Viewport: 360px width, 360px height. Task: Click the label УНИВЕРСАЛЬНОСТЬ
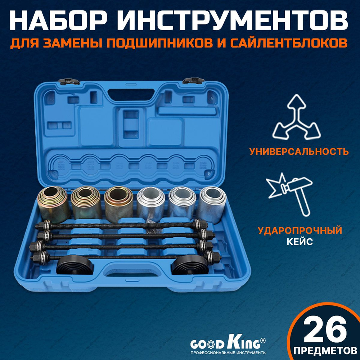pos(299,151)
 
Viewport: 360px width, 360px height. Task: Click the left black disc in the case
pos(75,266)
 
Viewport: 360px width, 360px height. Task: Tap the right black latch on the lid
pos(193,80)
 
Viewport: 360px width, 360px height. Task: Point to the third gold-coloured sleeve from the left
pos(118,204)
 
